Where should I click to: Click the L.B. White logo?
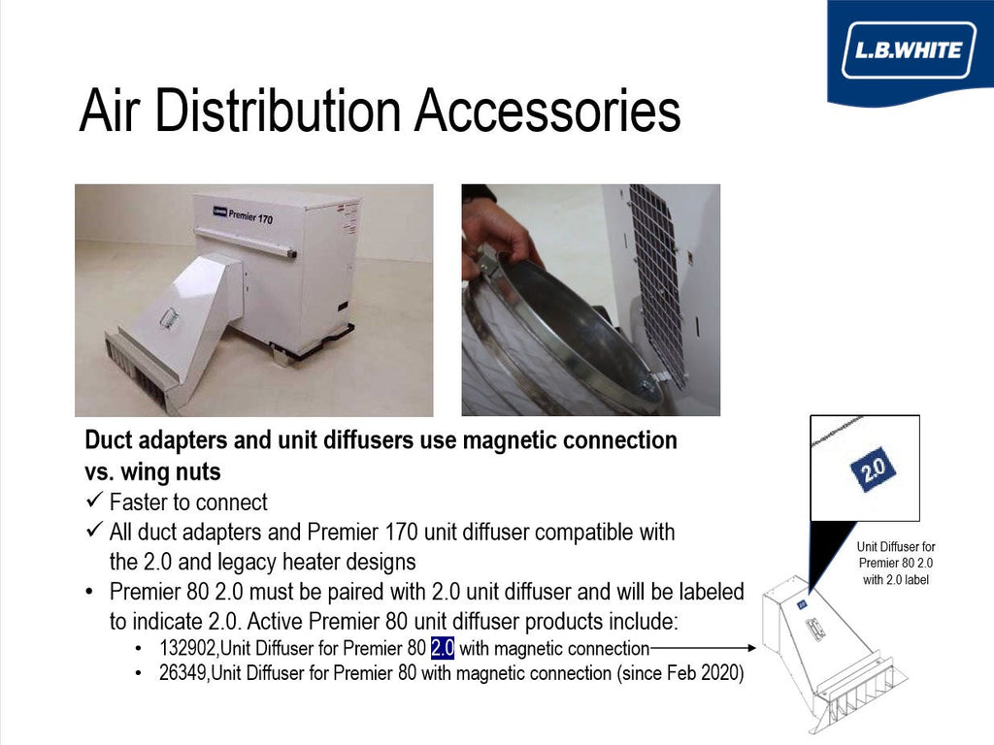(909, 50)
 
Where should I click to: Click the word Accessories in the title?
(547, 111)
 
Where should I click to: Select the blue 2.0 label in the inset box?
(873, 470)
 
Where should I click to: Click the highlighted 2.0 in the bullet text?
(443, 648)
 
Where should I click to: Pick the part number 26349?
(182, 672)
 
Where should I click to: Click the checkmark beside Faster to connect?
(94, 500)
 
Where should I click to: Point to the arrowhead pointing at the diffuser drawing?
(752, 647)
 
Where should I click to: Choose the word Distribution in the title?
(278, 111)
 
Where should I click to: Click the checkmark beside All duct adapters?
(94, 529)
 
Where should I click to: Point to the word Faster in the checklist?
(141, 502)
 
